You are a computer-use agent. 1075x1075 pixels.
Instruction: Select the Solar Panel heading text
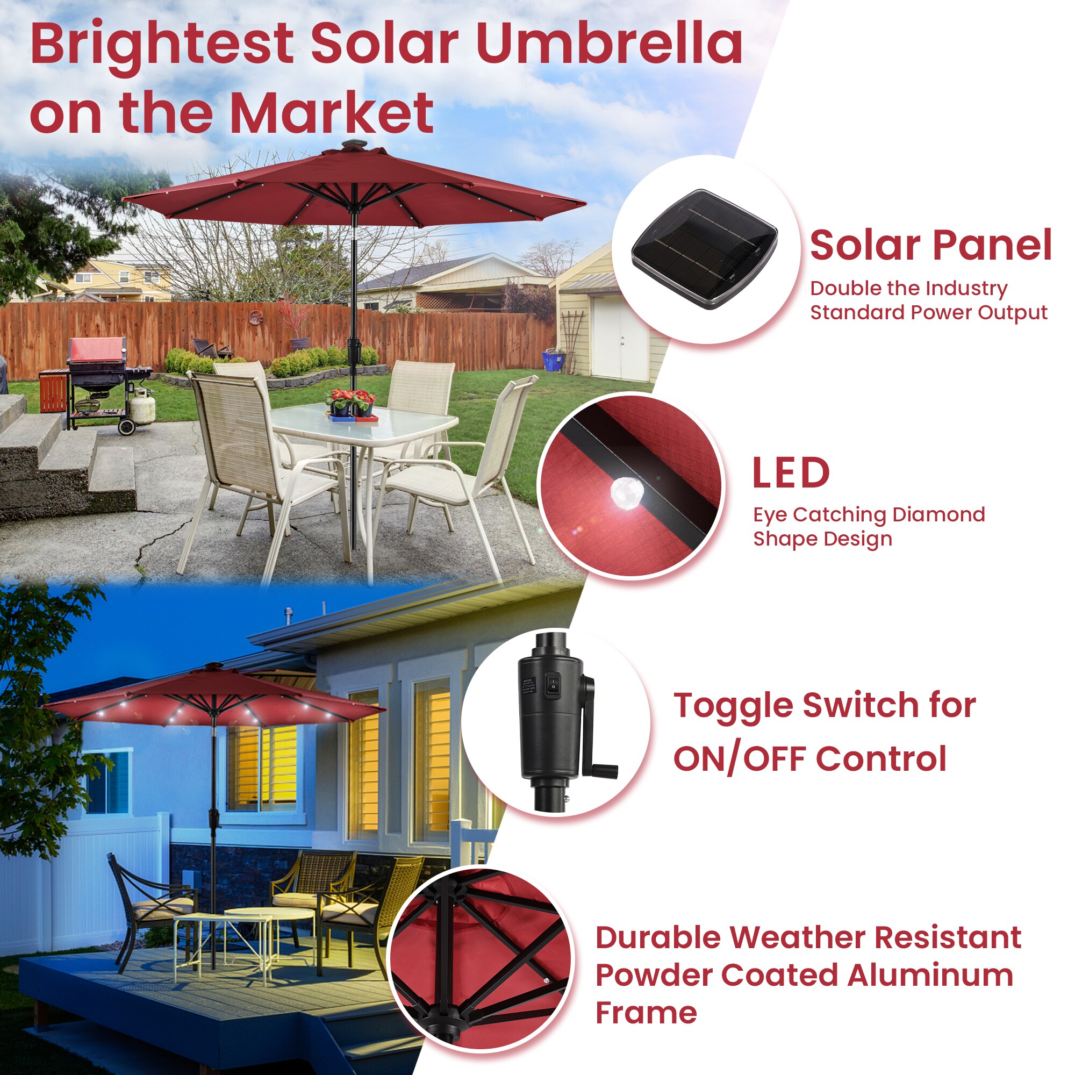(930, 246)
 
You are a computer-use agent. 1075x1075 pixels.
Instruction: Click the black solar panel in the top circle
(704, 248)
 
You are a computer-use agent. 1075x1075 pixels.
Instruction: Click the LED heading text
(790, 474)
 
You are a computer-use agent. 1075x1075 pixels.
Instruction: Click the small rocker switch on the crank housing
(553, 683)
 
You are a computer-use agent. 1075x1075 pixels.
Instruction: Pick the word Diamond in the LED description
(938, 515)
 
